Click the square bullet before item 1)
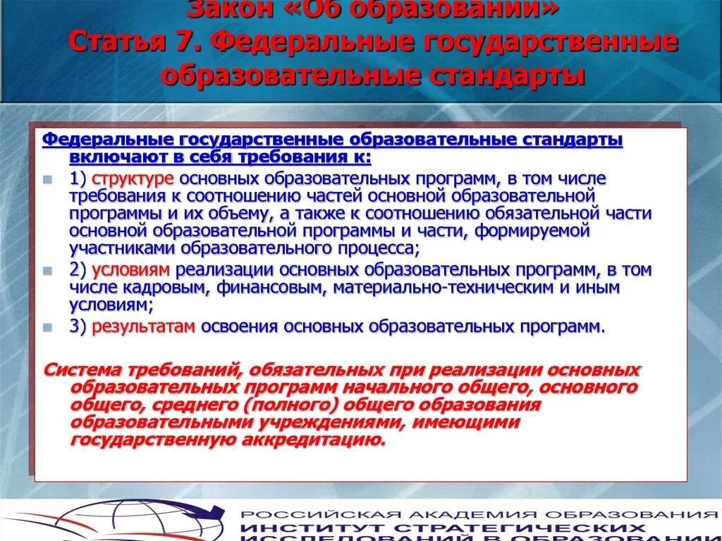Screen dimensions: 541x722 [47, 179]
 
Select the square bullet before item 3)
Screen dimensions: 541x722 [47, 327]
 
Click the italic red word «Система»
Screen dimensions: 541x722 [84, 370]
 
